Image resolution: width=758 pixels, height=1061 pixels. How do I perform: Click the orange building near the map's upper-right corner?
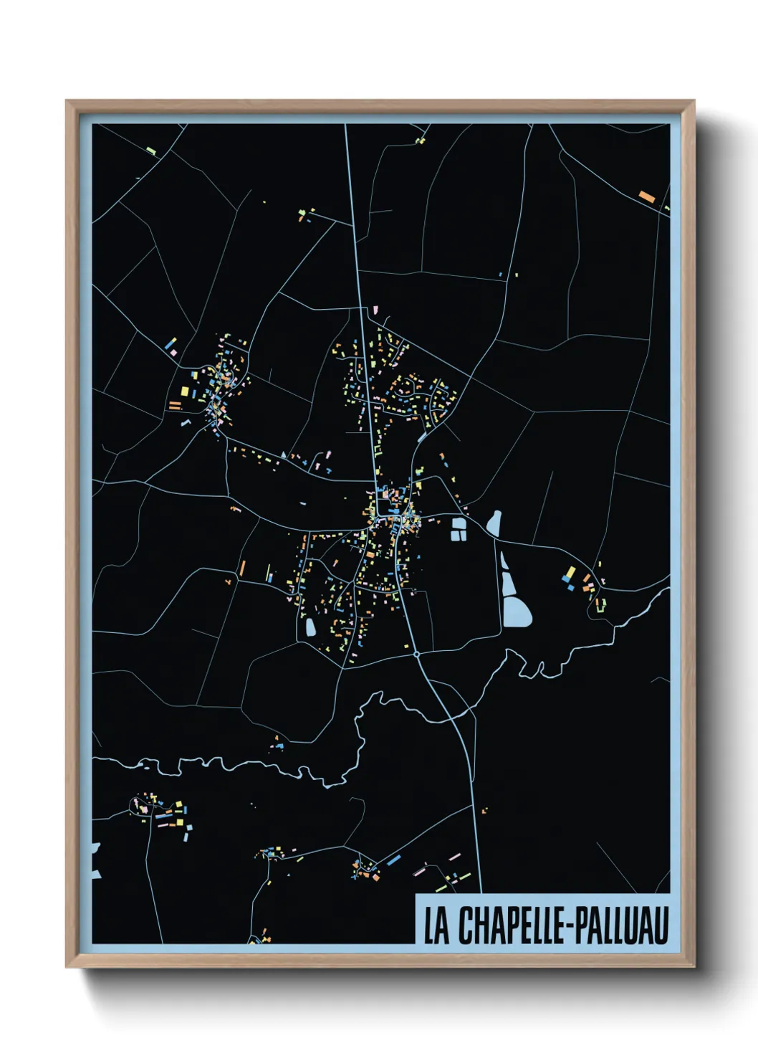click(x=646, y=195)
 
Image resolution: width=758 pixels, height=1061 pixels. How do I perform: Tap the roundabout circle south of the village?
click(x=416, y=654)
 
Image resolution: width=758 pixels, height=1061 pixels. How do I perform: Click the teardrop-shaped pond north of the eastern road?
click(x=494, y=523)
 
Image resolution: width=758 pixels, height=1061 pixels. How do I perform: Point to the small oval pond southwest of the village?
click(x=310, y=628)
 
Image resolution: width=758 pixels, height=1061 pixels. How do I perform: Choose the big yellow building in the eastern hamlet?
click(x=570, y=573)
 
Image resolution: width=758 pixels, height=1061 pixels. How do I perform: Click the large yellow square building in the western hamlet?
click(x=184, y=391)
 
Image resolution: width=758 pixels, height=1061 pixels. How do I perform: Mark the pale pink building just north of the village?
click(x=373, y=308)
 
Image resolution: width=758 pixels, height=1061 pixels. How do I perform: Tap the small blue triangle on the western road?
click(x=284, y=455)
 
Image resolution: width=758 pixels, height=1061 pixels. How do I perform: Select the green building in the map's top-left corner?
click(x=151, y=151)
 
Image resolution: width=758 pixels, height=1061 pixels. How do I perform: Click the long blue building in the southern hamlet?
click(x=393, y=860)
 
